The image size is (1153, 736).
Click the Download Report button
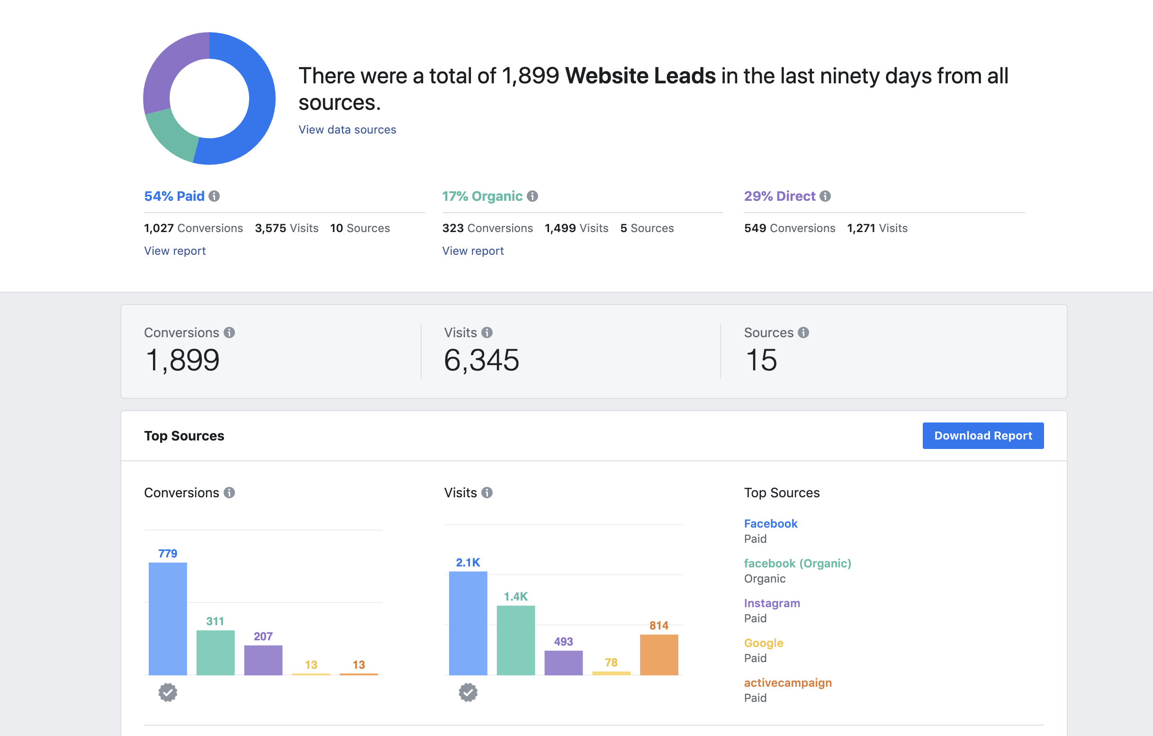point(982,435)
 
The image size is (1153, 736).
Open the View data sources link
point(347,130)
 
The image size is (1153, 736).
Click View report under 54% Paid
point(175,251)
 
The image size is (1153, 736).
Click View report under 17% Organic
point(473,251)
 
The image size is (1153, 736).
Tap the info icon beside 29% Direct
point(825,197)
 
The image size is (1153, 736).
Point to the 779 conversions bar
point(168,618)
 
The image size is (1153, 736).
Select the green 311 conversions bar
point(216,652)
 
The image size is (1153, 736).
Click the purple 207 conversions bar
point(263,660)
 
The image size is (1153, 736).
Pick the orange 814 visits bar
point(658,654)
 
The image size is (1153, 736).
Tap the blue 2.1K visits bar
point(468,622)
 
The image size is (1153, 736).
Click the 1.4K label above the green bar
point(515,597)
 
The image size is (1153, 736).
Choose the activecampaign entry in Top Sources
point(787,683)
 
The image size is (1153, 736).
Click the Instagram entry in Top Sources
point(771,603)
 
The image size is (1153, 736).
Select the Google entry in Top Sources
point(763,643)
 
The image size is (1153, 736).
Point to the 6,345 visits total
point(481,360)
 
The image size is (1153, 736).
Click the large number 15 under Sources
point(761,360)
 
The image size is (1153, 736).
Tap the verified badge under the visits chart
point(468,692)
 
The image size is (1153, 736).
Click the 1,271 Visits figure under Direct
point(877,228)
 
